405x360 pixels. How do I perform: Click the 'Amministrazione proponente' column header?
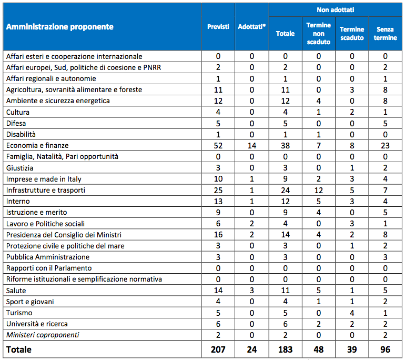(59, 27)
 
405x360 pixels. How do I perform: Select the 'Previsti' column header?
(218, 27)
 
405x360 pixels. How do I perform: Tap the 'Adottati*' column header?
(251, 27)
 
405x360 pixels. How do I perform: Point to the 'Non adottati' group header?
(335, 10)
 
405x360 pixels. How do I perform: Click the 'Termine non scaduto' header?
(318, 34)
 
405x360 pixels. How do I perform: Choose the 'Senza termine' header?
(385, 34)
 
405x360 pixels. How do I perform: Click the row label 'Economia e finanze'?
(37, 145)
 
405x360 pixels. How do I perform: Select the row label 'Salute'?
(16, 291)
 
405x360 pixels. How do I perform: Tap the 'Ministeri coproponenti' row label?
(43, 335)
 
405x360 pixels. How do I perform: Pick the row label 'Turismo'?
(19, 313)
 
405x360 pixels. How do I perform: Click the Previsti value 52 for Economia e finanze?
(218, 145)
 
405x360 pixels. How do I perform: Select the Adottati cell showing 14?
(252, 145)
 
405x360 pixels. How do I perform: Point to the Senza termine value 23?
(385, 145)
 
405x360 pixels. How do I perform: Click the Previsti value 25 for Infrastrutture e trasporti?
(218, 190)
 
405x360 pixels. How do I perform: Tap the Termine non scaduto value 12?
(318, 190)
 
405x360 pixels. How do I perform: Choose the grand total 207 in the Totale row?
(218, 349)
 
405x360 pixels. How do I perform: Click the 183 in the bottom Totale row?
(285, 349)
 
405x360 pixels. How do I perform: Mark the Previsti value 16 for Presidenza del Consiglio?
(218, 235)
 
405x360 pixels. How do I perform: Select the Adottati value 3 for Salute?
(252, 291)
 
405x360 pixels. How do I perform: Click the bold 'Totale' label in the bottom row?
(19, 349)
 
